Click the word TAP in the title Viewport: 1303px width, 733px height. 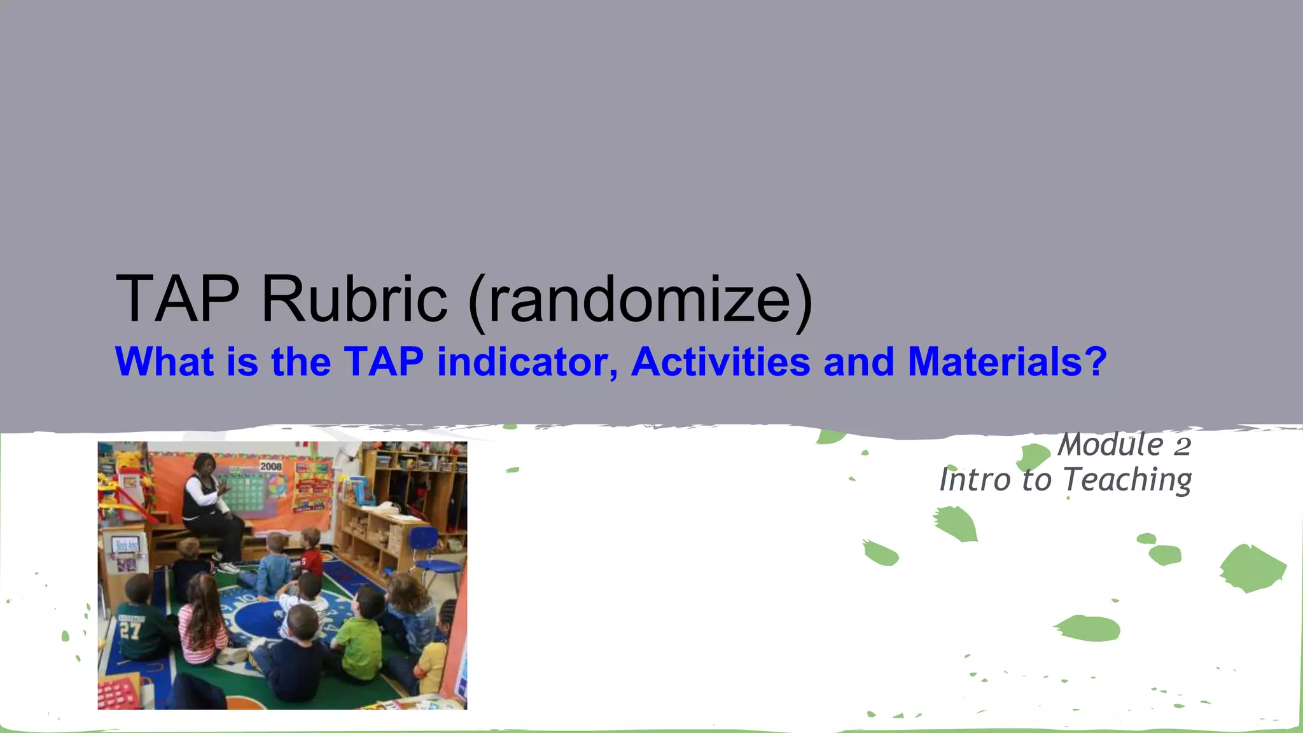coord(178,299)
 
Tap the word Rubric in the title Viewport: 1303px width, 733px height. coord(354,299)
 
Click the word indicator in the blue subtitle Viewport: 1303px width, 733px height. coord(527,362)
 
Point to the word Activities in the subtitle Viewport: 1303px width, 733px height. coord(720,362)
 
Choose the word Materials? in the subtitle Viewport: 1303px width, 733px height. coord(1007,362)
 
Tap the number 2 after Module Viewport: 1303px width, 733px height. coord(1182,446)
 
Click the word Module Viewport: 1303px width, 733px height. coord(1110,445)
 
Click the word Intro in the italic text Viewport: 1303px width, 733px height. coord(975,480)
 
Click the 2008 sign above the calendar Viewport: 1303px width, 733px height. coord(270,466)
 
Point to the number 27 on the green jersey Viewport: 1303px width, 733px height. coord(130,630)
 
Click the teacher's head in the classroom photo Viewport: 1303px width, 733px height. coord(204,465)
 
